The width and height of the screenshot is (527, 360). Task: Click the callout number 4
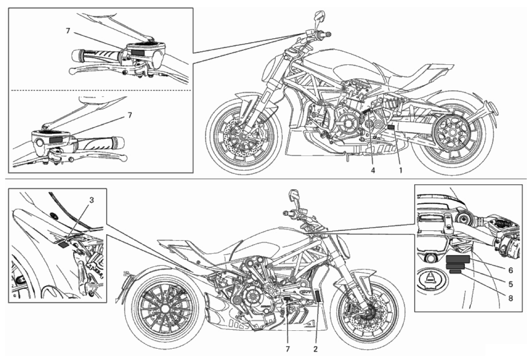pos(372,170)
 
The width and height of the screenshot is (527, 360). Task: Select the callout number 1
pos(400,170)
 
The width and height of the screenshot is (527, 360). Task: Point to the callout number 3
pos(91,200)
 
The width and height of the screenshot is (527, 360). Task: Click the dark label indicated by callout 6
pos(458,258)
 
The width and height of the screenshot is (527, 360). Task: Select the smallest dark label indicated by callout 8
pos(455,271)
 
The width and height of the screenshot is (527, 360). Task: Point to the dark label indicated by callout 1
pos(390,127)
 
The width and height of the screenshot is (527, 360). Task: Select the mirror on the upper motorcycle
pos(320,16)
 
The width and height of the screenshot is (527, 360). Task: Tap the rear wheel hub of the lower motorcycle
pos(164,309)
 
